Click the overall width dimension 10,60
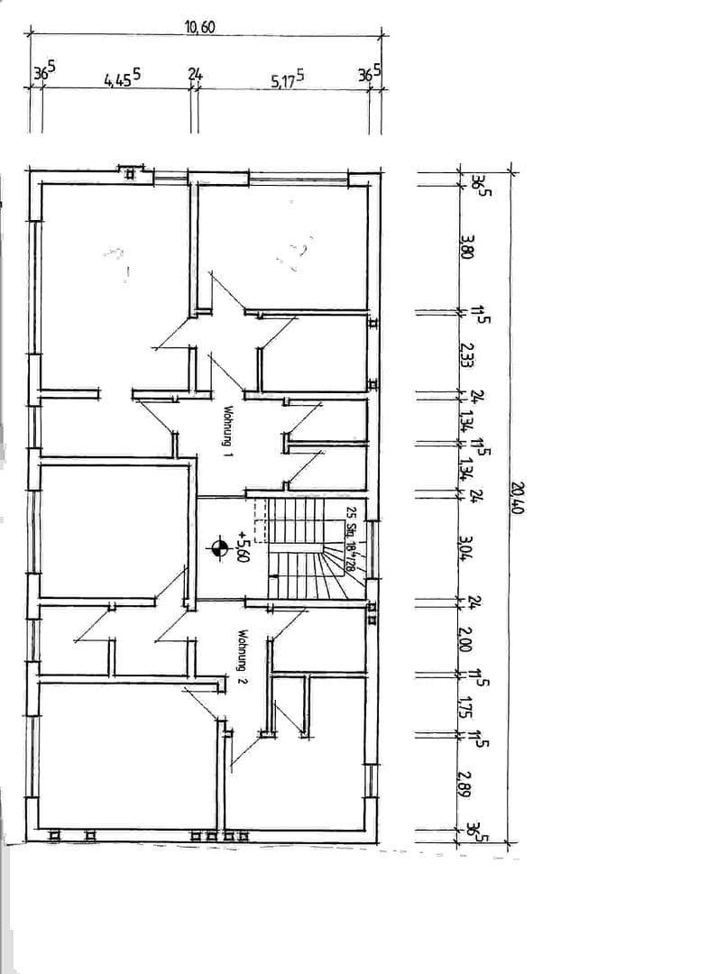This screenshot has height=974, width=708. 200,27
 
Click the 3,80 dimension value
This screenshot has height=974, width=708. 465,245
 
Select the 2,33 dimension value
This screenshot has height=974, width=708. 465,353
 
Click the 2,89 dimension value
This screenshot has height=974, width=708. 465,781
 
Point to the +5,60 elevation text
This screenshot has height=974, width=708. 241,547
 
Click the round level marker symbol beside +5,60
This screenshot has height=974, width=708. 218,547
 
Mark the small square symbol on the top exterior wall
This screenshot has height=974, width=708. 131,173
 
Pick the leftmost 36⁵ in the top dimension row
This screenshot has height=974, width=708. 42,73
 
